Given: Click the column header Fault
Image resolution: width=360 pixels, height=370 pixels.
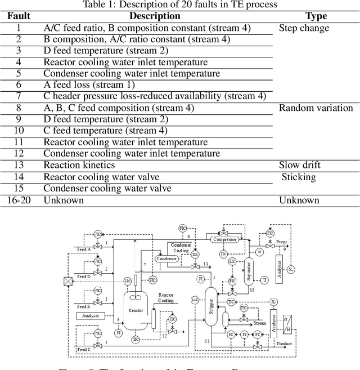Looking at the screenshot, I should [18, 16].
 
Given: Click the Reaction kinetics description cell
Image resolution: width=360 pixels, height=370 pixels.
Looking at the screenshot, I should [79, 165].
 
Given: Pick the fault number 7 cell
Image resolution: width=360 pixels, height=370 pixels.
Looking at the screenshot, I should [18, 96].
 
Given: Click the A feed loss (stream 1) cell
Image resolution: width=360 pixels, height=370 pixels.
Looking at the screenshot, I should [89, 84].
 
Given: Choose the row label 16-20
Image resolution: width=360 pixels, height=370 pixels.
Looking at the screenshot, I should [18, 200].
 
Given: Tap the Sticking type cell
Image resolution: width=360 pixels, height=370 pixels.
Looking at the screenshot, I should [299, 177].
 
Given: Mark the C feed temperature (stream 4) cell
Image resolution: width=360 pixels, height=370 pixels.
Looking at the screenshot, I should [105, 131].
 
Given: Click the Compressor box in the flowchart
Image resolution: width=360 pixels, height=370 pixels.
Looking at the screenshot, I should [224, 239].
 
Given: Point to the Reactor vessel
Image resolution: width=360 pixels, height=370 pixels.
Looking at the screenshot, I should [135, 310].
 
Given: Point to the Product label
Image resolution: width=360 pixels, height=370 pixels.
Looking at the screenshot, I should [285, 344].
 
